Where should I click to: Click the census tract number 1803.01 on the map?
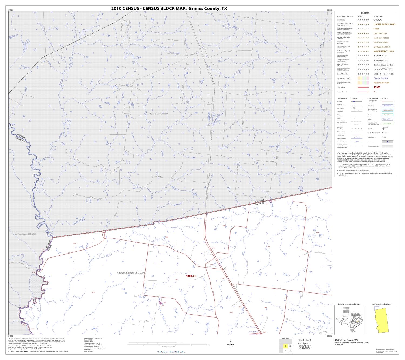(190, 276)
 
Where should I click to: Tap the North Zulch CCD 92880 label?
(159, 114)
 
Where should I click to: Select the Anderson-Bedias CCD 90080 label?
(131, 273)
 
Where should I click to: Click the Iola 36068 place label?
(253, 332)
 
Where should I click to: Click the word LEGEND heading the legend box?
(365, 13)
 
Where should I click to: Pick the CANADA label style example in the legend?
(377, 20)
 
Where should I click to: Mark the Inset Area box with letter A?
(387, 141)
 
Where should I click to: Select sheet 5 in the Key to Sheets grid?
(290, 351)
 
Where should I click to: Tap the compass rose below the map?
(231, 345)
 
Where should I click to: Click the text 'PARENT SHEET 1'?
(304, 340)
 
